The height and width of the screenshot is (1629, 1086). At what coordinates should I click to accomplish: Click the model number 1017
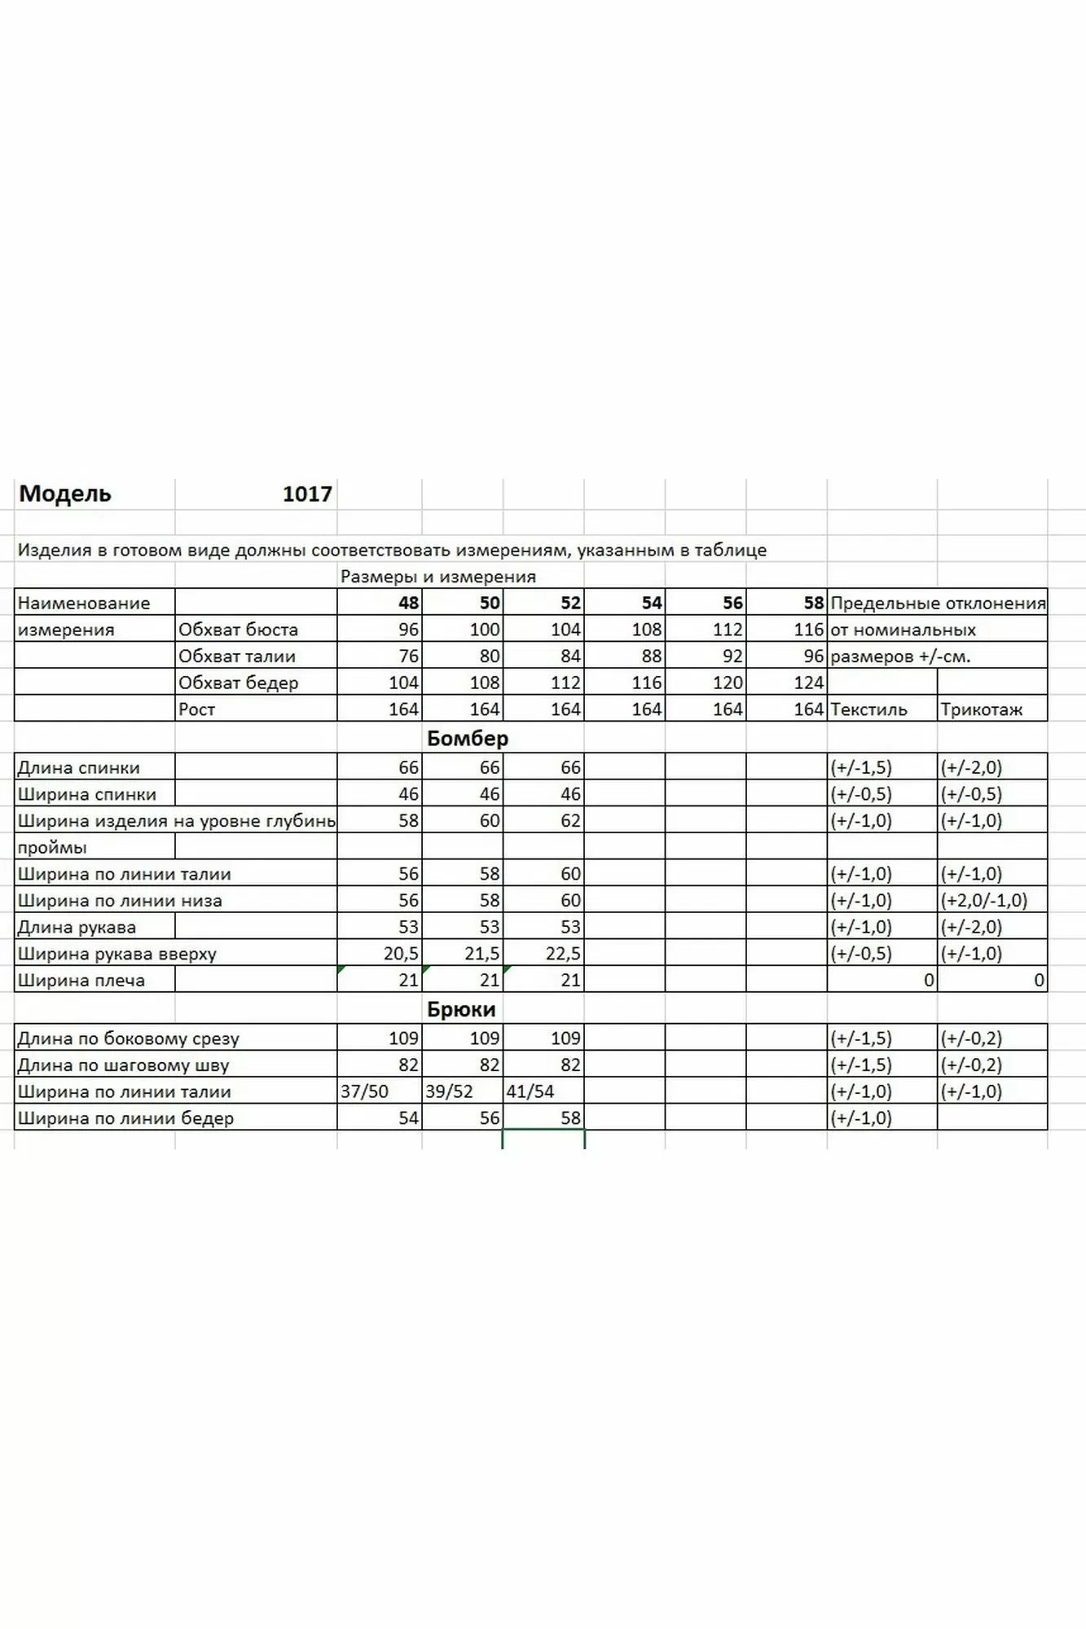coord(307,494)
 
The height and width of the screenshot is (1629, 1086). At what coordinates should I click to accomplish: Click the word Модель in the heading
coord(65,494)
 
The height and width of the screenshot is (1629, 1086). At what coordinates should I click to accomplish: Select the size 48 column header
coord(408,603)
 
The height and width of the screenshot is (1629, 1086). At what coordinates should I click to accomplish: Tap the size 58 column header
coord(813,603)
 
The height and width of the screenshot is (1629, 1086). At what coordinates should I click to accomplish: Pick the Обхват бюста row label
coord(238,630)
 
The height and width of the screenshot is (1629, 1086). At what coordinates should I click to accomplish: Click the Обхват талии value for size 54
coord(651,656)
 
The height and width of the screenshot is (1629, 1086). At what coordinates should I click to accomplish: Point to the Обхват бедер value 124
coord(808,683)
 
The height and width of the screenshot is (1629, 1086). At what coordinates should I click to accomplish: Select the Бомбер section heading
coord(468,738)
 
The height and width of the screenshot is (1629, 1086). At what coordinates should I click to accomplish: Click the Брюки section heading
coord(461,1009)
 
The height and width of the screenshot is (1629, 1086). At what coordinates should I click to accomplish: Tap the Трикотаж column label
coord(981,709)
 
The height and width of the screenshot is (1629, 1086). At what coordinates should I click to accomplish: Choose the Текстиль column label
coord(868,709)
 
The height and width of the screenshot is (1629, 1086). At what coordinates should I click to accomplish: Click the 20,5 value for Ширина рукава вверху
coord(401,954)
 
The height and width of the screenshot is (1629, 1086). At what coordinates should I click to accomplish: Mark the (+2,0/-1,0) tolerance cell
coord(983,900)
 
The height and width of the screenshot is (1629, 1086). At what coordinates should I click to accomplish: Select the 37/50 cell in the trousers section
coord(364,1091)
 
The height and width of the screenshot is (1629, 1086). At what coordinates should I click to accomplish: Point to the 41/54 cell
coord(530,1091)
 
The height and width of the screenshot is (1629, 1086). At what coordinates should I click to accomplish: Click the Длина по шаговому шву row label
coord(123,1065)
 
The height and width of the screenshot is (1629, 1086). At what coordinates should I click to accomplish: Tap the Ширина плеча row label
coord(81,981)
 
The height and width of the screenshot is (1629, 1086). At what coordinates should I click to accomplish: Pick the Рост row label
coord(196,709)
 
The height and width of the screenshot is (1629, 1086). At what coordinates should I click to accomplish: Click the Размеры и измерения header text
coord(437,577)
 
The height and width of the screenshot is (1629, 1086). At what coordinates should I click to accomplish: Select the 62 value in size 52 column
coord(570,821)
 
